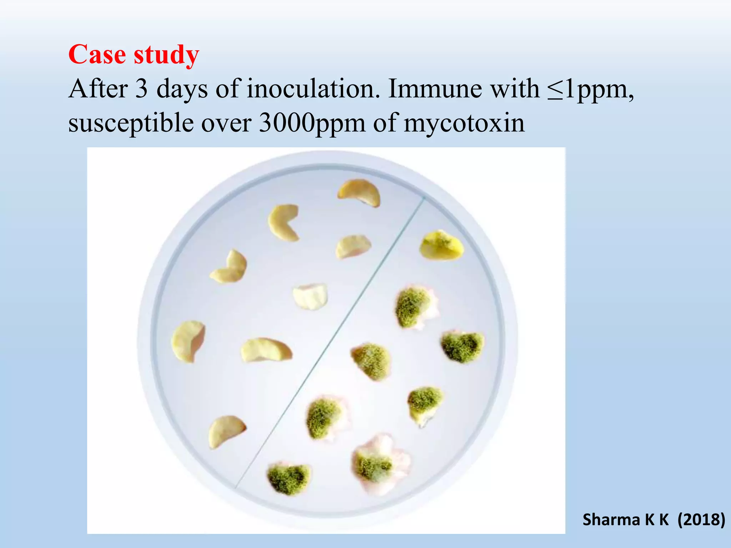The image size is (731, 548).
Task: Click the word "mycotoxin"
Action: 464,123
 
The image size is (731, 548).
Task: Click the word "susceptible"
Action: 130,123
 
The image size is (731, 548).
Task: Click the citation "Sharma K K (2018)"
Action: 653,519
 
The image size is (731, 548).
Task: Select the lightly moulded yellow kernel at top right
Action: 442,245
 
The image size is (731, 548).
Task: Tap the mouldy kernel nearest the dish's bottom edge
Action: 288,479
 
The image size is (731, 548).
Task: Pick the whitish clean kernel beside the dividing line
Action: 310,296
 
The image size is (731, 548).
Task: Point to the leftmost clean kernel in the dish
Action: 188,341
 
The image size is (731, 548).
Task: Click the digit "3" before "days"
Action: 141,89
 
